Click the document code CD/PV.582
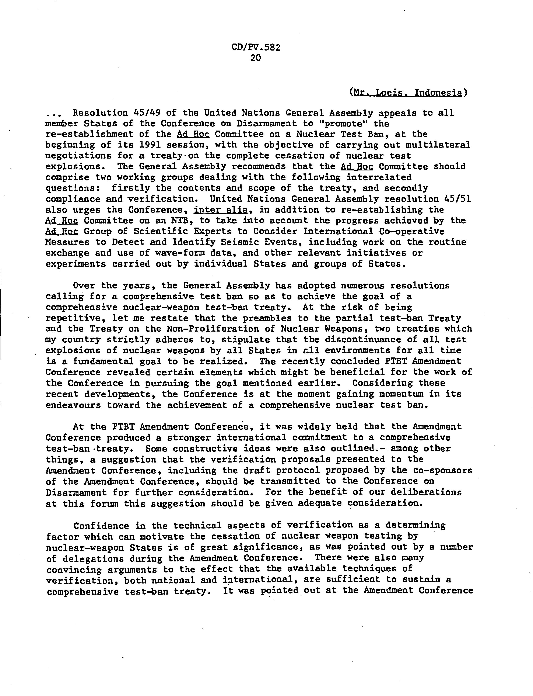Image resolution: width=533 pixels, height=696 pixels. (x=256, y=48)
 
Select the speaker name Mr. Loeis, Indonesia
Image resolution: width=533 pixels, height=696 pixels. (x=408, y=93)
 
